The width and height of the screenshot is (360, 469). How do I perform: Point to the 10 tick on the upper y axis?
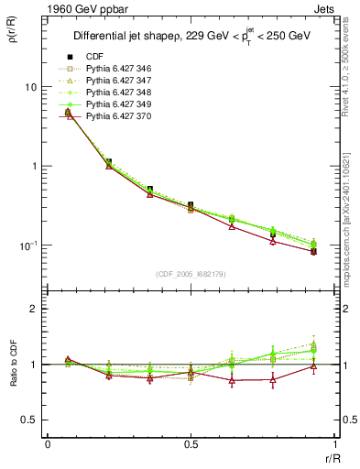pyautogui.click(x=29, y=87)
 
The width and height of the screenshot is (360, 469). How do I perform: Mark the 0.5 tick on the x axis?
pyautogui.click(x=191, y=443)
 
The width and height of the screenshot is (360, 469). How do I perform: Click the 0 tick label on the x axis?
pyautogui.click(x=48, y=443)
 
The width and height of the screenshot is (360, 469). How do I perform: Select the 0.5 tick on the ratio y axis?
pyautogui.click(x=27, y=420)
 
